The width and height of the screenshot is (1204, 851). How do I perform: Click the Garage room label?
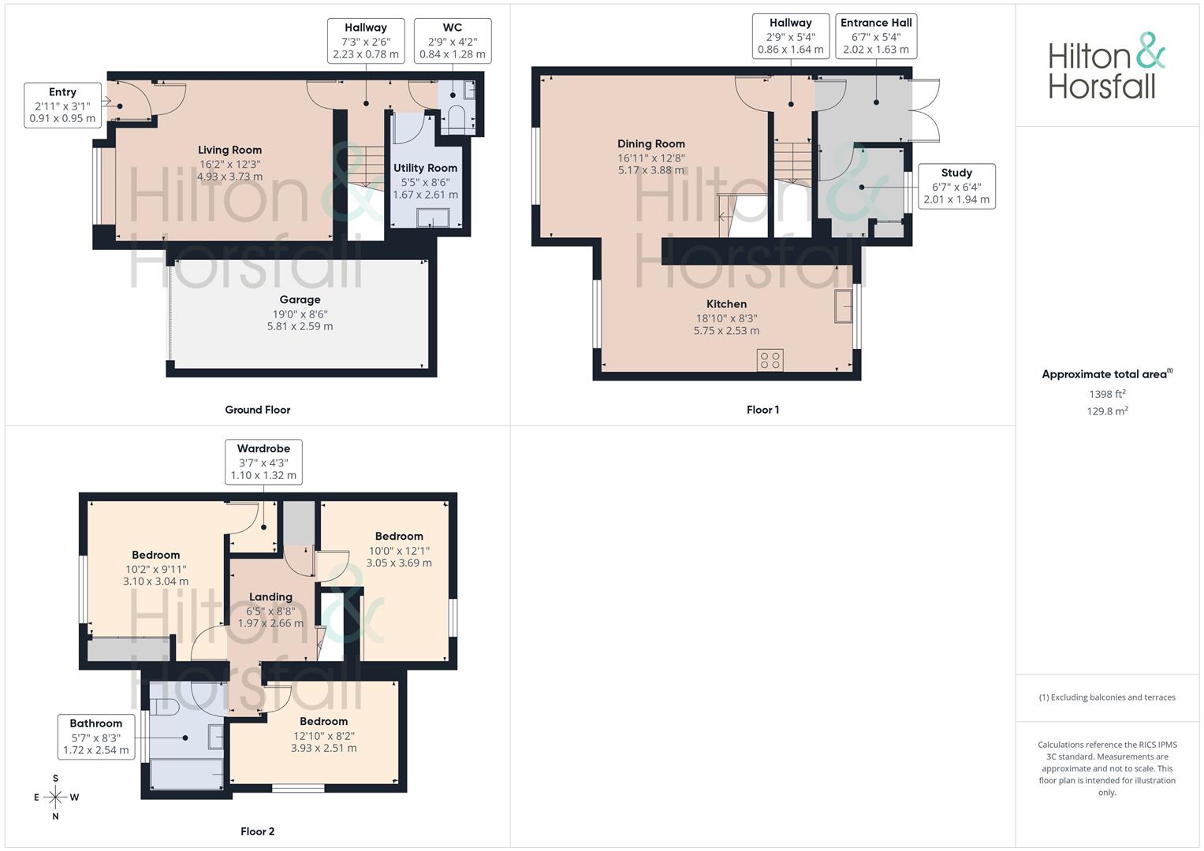(300, 299)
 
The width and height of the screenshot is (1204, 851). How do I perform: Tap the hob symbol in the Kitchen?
(770, 360)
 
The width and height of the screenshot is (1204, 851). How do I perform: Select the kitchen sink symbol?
(844, 307)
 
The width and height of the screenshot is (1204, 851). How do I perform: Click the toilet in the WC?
(457, 119)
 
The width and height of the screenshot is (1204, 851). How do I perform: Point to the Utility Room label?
(425, 168)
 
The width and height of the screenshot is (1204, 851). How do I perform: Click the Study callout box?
(956, 187)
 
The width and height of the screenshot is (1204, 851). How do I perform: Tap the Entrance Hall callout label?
(876, 23)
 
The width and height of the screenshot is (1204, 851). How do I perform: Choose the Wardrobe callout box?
(263, 462)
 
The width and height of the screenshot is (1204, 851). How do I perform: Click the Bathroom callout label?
(96, 723)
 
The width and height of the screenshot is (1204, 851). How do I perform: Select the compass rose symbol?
(55, 797)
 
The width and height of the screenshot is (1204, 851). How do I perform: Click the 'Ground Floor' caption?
(258, 410)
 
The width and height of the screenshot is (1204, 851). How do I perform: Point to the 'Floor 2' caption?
(258, 831)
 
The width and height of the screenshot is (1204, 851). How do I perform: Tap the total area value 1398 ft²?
(1107, 394)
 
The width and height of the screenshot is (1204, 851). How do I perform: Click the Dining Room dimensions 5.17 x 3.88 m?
(651, 170)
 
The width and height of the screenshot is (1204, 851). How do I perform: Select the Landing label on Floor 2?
(271, 597)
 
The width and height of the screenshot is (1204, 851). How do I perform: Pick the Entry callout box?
(63, 106)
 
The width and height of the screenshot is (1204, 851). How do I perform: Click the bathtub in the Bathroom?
(187, 774)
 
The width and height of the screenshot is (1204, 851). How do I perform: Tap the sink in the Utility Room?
(433, 217)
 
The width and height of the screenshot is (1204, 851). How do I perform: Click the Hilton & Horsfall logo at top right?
(1107, 65)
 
